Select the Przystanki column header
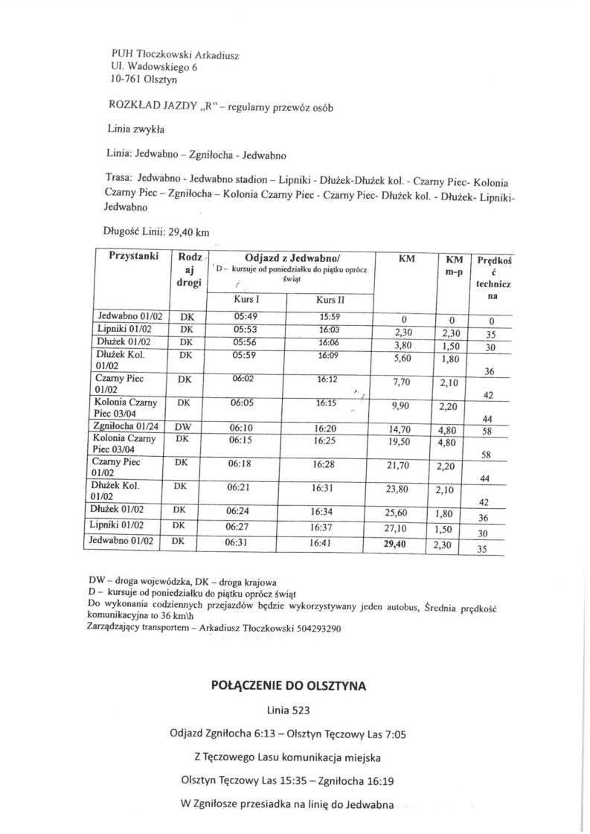133,256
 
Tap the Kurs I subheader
246,299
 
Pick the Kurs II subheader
329,300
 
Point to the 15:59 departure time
329,315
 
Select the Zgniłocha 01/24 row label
124,427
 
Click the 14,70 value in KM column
400,429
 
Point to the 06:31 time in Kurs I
240,543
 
